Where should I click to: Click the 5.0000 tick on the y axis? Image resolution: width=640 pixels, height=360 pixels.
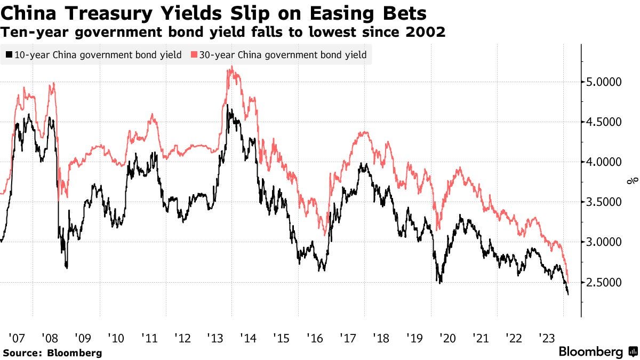(x=602, y=82)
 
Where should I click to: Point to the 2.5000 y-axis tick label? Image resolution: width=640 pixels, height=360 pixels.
(x=602, y=282)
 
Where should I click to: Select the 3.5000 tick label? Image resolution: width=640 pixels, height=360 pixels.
(x=602, y=202)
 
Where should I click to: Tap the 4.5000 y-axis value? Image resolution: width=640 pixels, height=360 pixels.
(x=602, y=122)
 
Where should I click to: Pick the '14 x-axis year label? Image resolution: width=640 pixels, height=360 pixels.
(x=249, y=338)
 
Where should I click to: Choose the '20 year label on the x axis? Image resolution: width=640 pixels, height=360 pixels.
(x=447, y=338)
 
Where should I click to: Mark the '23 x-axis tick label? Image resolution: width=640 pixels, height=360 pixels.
(x=547, y=338)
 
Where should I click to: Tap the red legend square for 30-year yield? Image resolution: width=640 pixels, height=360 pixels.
(x=194, y=54)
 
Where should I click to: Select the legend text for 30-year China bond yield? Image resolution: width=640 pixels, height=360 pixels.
(x=283, y=54)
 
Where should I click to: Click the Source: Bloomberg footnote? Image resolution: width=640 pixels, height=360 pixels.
(x=52, y=353)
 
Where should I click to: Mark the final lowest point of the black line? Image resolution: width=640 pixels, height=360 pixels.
(x=567, y=294)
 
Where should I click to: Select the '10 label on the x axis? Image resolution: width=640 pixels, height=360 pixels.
(x=116, y=338)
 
